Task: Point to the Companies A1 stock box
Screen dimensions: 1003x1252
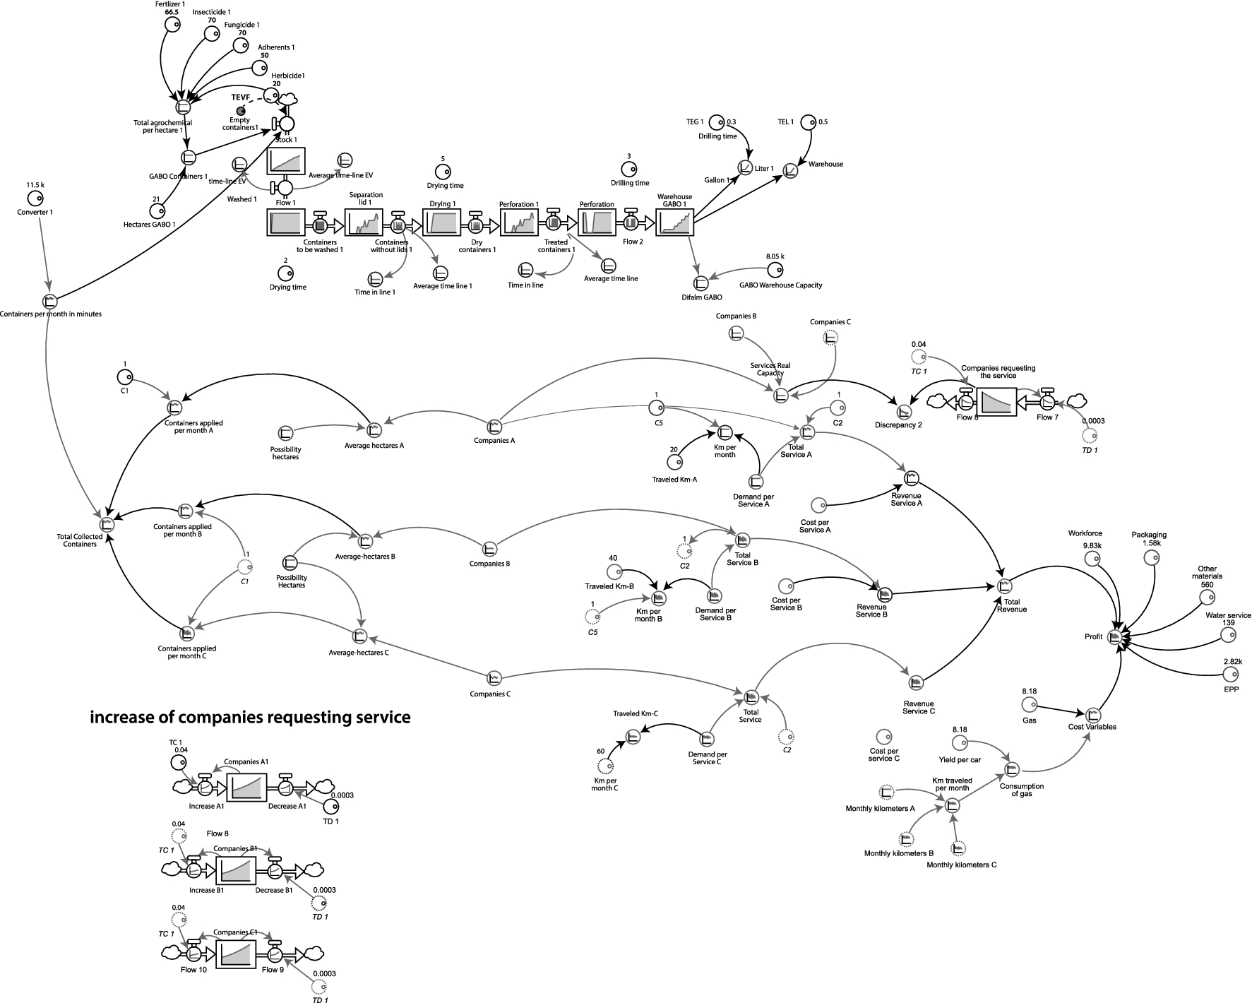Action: (246, 785)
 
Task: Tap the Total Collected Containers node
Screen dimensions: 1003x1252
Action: (107, 524)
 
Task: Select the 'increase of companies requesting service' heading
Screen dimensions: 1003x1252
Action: (250, 717)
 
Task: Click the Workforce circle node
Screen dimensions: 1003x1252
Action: (1092, 559)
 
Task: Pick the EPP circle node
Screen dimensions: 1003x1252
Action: (1229, 677)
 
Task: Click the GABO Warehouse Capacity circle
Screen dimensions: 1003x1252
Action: (775, 270)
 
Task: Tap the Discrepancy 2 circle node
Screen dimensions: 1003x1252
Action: (902, 411)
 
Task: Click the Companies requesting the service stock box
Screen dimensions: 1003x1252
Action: (996, 401)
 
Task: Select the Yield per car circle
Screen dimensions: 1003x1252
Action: (959, 742)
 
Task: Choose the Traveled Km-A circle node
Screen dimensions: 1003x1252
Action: (675, 462)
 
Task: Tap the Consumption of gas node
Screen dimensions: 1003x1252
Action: (1011, 768)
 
